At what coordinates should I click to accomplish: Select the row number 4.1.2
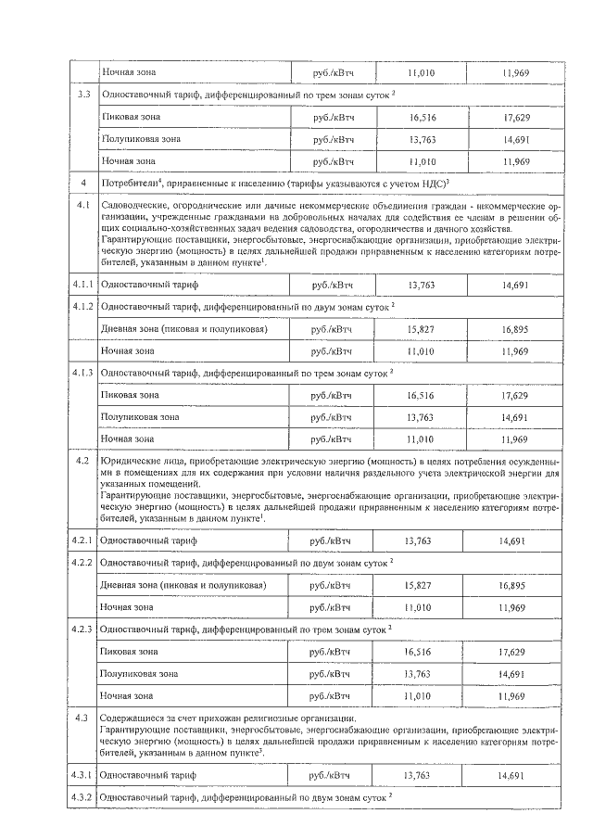(x=83, y=306)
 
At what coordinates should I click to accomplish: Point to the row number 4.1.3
(x=83, y=373)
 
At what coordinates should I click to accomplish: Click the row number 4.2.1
(x=83, y=540)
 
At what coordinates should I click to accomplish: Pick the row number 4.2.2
(x=83, y=563)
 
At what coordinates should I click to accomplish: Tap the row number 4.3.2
(x=83, y=796)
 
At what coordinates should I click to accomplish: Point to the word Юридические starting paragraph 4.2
(x=132, y=462)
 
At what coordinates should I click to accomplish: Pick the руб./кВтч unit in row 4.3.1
(x=332, y=774)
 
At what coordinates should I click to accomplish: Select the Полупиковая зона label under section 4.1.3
(x=140, y=417)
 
